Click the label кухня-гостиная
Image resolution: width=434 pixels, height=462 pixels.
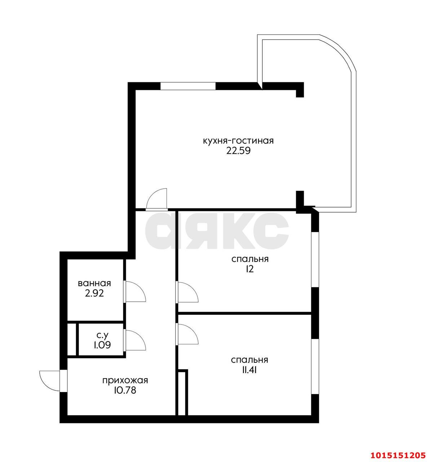(238, 141)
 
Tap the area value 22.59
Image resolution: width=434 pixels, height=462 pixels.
(238, 151)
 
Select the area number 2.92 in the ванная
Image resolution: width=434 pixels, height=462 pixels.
(94, 293)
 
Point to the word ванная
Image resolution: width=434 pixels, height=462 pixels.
(94, 283)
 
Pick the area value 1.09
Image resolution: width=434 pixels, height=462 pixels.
(102, 345)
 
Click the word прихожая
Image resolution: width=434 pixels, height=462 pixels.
(125, 380)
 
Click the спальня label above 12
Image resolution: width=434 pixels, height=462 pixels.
(250, 259)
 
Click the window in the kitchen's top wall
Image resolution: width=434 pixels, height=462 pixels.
(188, 86)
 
